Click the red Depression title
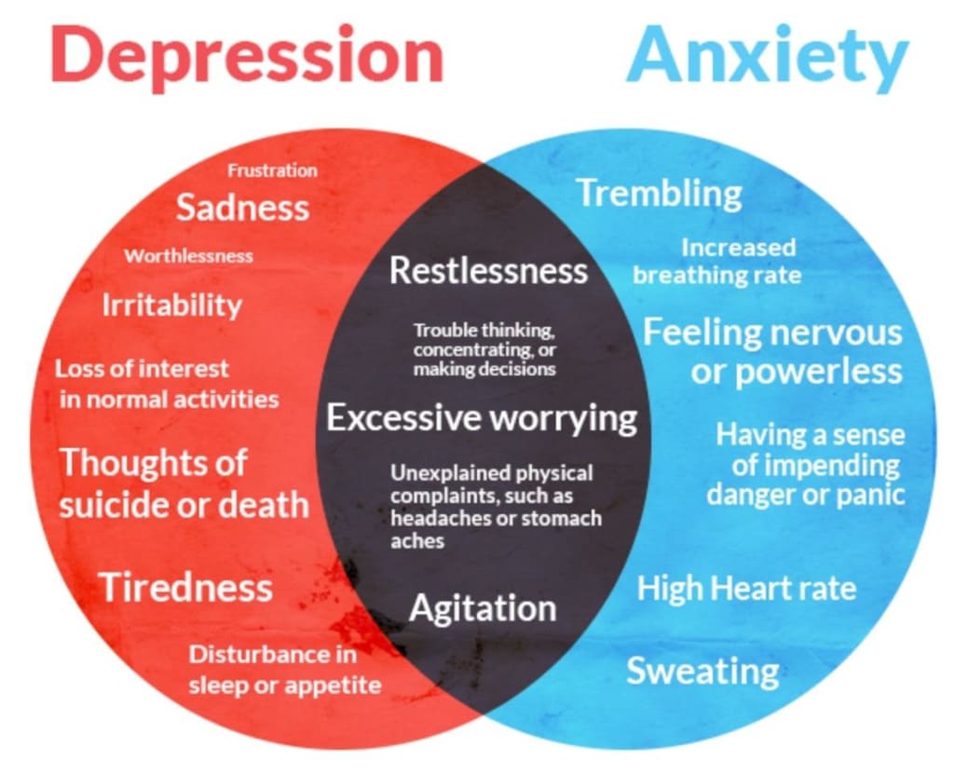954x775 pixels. (247, 54)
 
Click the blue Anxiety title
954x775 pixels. (766, 54)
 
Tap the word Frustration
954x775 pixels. (272, 170)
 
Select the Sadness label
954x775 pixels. (242, 207)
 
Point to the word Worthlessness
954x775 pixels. (189, 256)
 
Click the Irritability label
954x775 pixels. (171, 305)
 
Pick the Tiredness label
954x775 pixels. (185, 587)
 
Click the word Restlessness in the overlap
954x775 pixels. (488, 271)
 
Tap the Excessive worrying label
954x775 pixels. (482, 418)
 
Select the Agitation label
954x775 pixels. (483, 608)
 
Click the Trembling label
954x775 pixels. (659, 194)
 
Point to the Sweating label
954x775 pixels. (702, 671)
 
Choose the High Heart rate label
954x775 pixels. (746, 588)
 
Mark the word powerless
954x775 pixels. (821, 371)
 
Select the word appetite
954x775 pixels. (337, 686)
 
